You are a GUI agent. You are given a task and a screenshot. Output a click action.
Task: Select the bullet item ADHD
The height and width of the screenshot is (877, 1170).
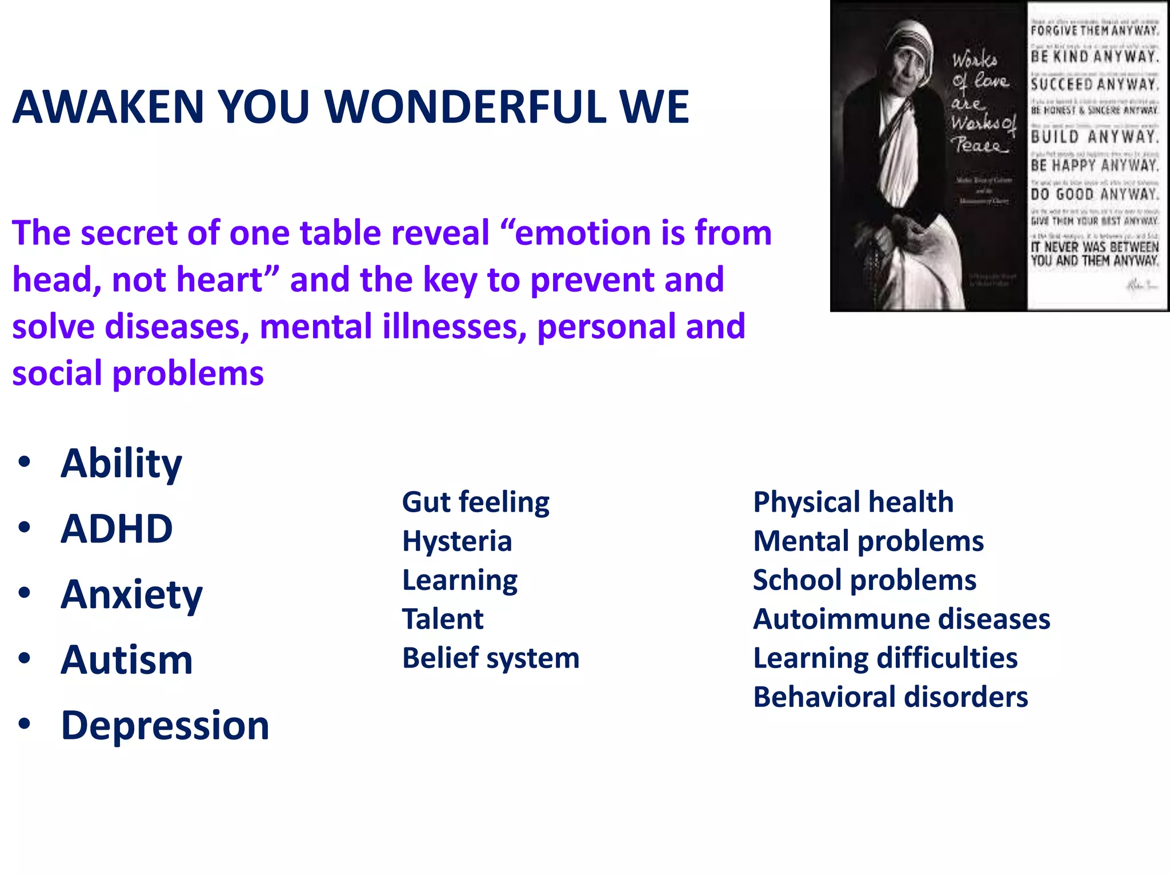(x=117, y=529)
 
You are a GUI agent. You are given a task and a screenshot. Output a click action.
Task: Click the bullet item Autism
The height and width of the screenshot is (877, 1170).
(x=127, y=660)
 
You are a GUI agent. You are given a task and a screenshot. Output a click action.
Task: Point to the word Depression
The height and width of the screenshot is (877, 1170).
(x=165, y=726)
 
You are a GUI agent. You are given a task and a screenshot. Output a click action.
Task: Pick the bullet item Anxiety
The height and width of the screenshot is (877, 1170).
(x=131, y=594)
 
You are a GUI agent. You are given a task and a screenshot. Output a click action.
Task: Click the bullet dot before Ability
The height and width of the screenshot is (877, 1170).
(x=24, y=462)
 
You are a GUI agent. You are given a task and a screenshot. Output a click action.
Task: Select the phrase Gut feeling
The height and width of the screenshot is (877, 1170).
(x=475, y=502)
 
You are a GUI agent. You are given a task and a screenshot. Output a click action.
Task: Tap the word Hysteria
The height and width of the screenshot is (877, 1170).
(x=457, y=541)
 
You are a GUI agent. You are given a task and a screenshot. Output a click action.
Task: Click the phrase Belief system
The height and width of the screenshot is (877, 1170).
(x=491, y=658)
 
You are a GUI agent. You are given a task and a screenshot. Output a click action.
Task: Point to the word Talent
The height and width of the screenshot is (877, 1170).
(x=443, y=619)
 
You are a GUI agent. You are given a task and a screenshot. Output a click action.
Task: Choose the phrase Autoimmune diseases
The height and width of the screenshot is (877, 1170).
(x=901, y=619)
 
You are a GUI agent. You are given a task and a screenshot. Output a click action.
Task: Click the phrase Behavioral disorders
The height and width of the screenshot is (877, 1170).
(x=891, y=697)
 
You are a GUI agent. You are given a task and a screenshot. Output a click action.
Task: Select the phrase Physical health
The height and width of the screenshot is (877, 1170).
(x=854, y=502)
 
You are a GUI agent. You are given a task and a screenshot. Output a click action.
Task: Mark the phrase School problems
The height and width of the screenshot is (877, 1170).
(x=865, y=580)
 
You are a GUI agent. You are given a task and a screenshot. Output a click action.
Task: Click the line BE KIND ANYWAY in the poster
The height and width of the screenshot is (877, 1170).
(x=1095, y=57)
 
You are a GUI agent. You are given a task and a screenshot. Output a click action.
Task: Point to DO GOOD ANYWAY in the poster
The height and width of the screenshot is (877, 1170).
(x=1095, y=194)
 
